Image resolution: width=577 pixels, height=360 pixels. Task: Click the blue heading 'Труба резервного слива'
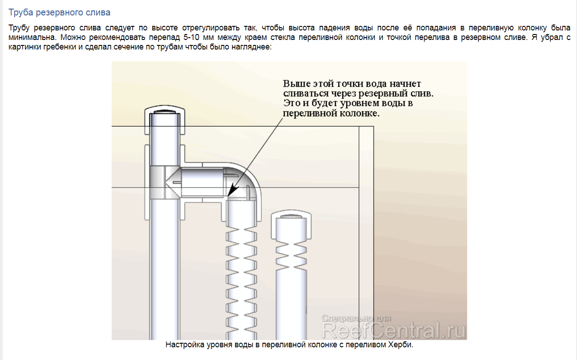click(59, 12)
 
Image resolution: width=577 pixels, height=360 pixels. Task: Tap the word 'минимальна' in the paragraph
click(32, 37)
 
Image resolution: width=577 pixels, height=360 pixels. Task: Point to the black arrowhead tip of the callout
click(228, 197)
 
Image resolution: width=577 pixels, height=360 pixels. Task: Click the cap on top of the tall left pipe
click(165, 120)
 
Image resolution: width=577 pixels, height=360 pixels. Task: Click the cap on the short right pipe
click(291, 225)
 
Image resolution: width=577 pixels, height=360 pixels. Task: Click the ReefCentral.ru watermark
click(394, 330)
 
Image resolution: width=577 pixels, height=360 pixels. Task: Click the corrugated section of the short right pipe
click(291, 256)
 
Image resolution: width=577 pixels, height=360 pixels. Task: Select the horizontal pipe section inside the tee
click(202, 182)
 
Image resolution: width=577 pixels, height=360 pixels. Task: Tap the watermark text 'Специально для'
click(356, 318)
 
